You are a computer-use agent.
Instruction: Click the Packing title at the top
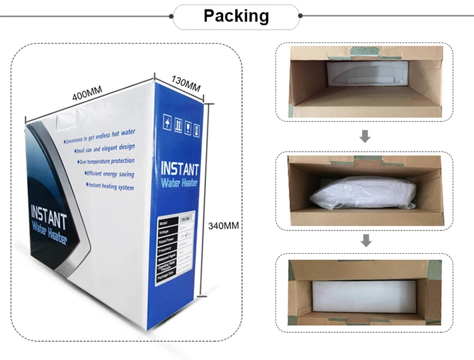click(x=236, y=16)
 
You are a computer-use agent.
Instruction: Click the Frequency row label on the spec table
click(x=165, y=250)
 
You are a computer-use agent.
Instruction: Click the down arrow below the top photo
click(x=365, y=137)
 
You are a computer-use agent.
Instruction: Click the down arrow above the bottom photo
click(x=365, y=240)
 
